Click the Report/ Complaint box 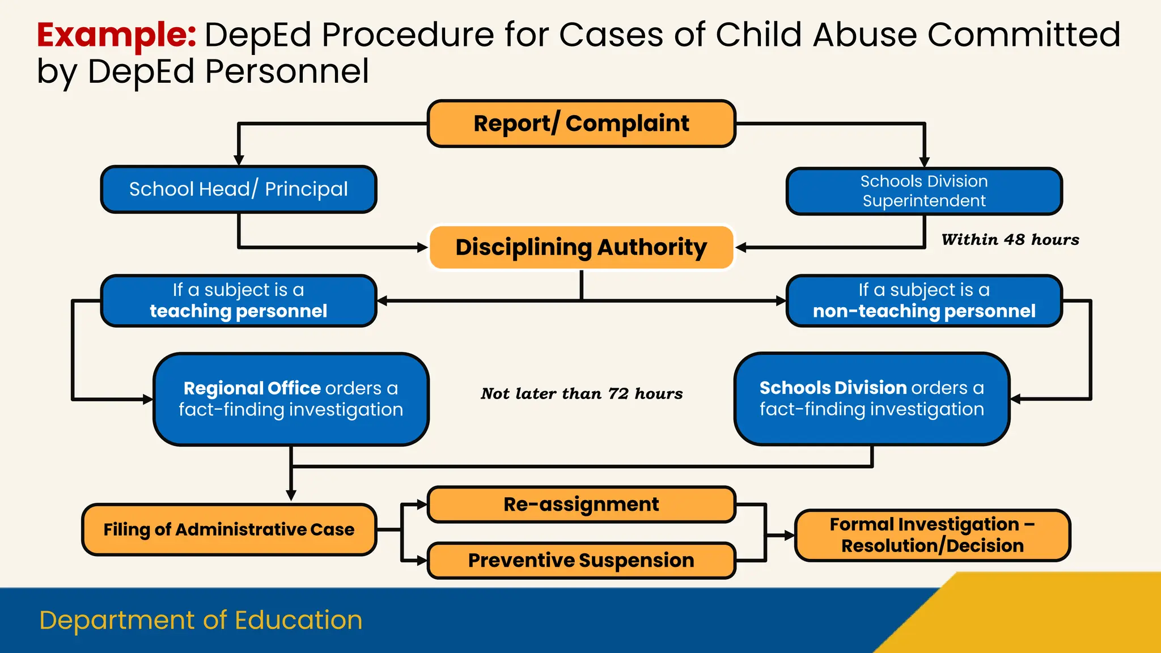point(581,124)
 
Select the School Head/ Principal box point(239,189)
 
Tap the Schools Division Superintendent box point(924,191)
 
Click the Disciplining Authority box point(581,247)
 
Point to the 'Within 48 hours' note point(1010,240)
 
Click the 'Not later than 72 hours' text point(582,393)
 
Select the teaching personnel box point(239,300)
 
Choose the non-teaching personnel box point(924,300)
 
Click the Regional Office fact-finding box point(291,399)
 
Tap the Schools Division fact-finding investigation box point(872,398)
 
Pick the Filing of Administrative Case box point(229,529)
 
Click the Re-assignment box point(581,504)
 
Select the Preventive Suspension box point(581,560)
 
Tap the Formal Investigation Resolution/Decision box point(933,535)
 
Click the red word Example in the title point(116,35)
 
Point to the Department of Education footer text point(201,620)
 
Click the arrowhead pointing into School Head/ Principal point(239,160)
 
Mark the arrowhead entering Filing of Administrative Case point(291,495)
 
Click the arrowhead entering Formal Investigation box point(789,535)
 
